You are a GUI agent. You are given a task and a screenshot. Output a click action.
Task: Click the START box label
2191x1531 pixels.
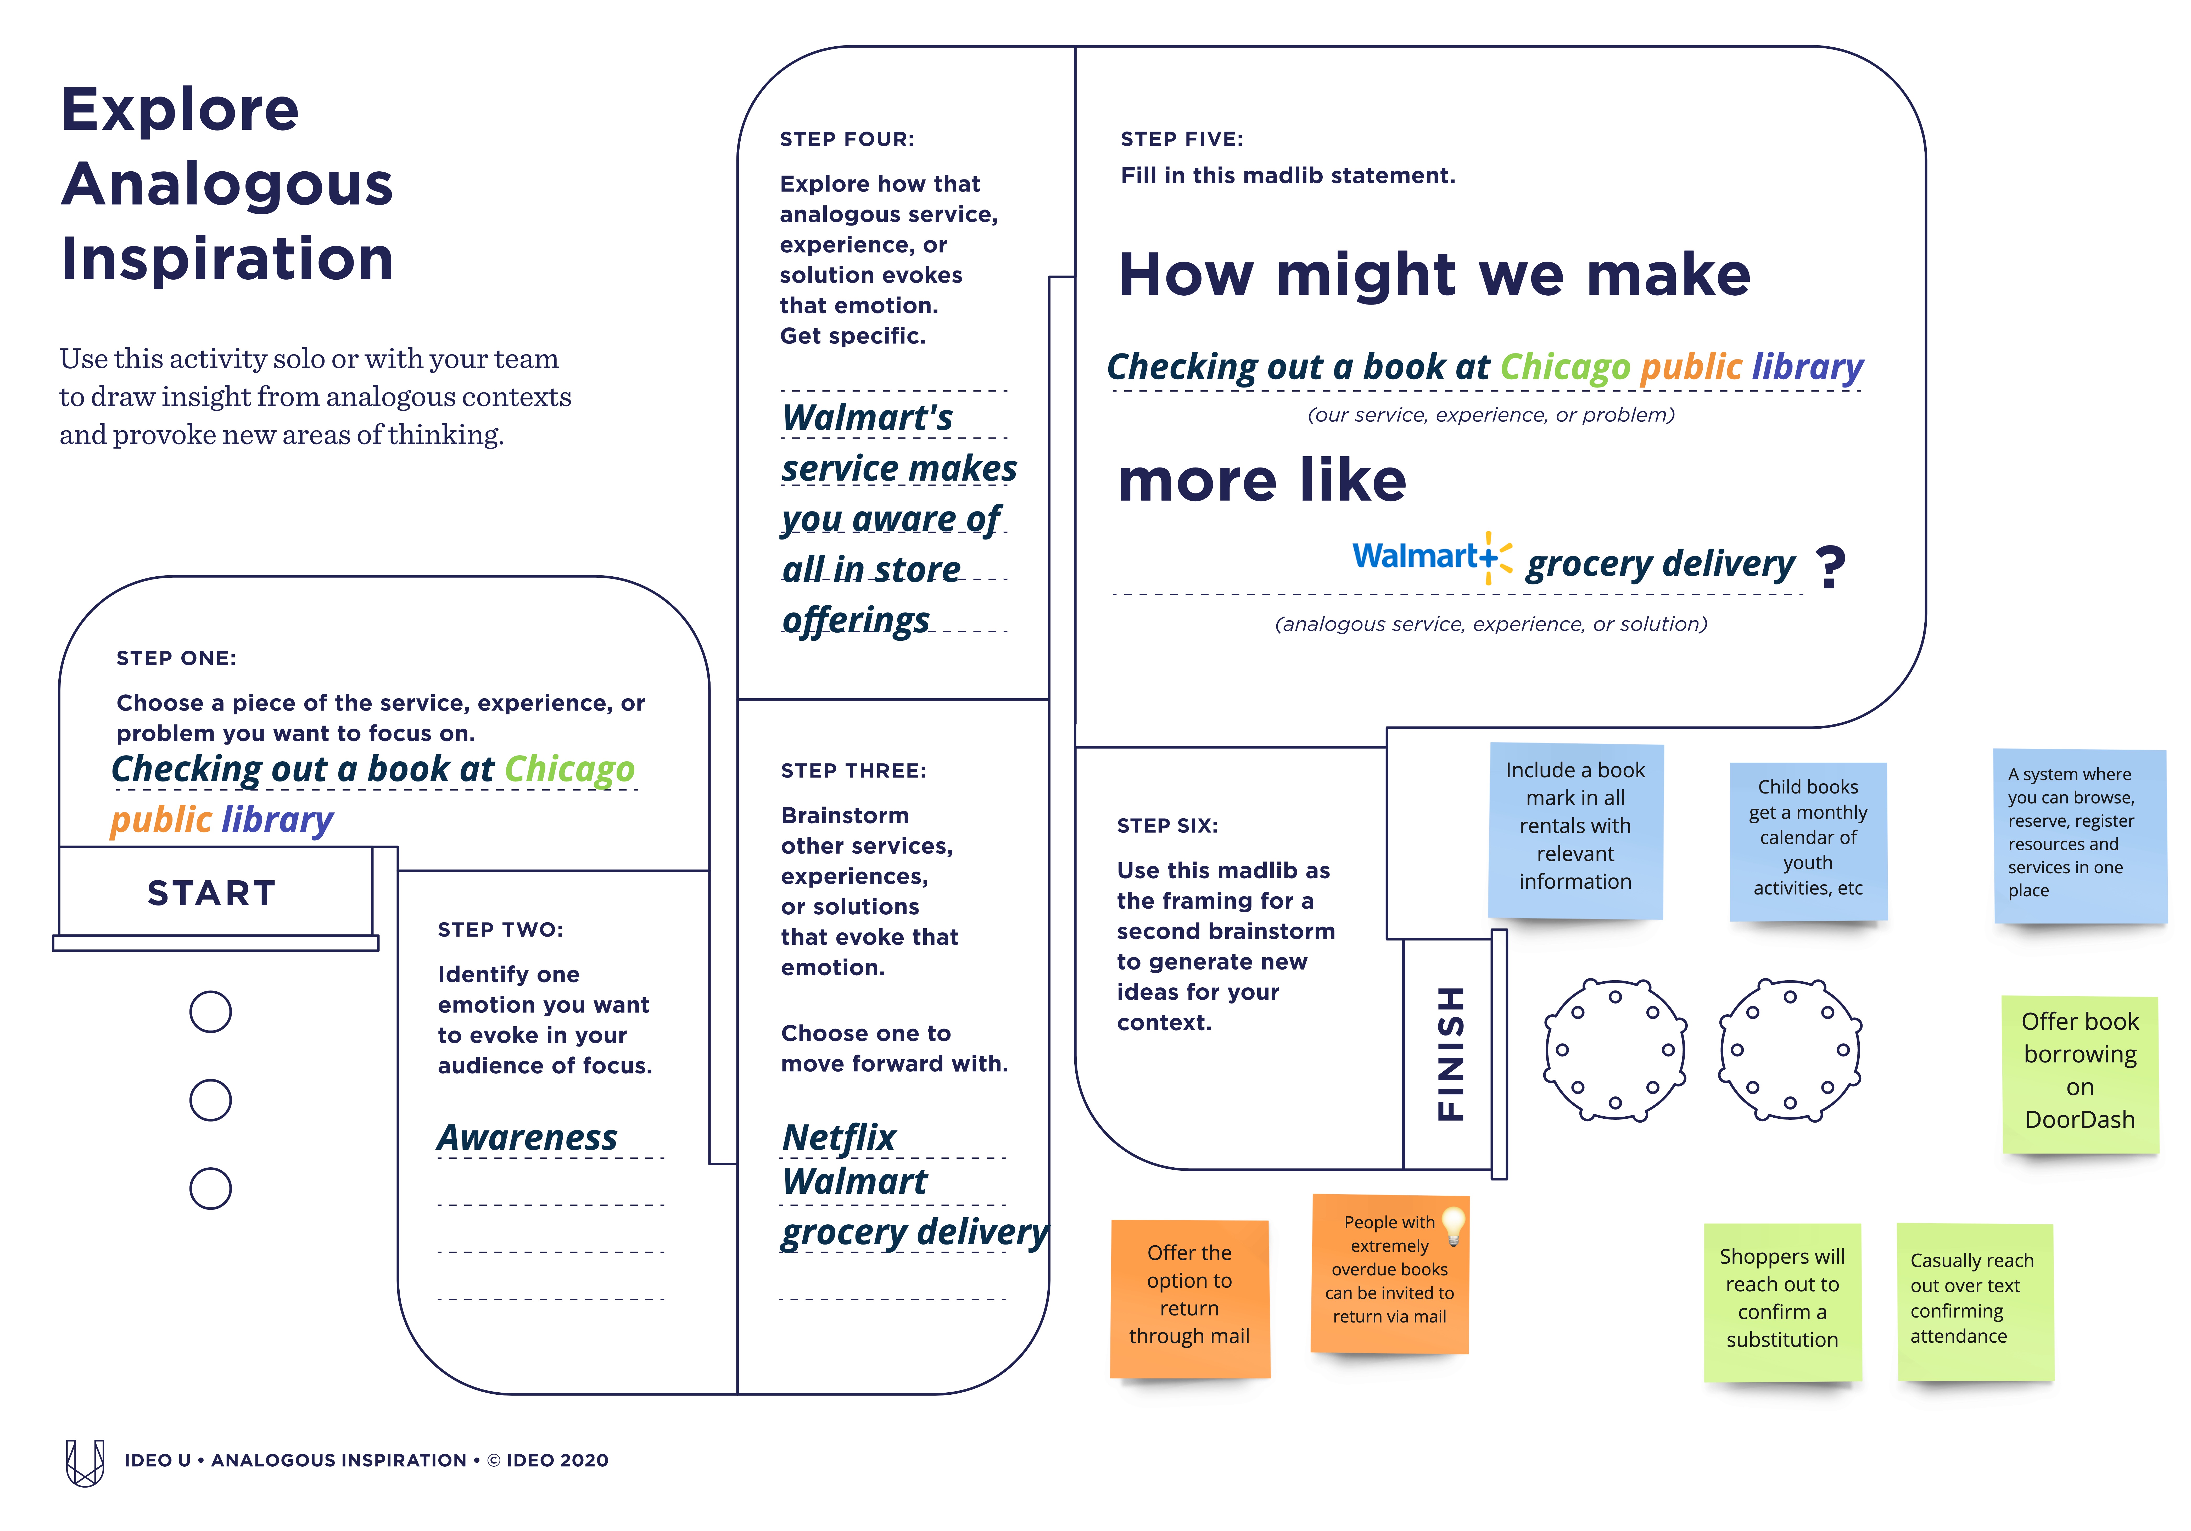click(x=212, y=893)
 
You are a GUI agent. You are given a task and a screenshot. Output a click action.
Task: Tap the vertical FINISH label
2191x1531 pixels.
click(x=1450, y=1053)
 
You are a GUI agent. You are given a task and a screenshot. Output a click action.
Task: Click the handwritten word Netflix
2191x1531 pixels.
click(x=838, y=1137)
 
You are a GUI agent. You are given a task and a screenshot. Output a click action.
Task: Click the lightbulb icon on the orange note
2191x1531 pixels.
click(x=1452, y=1226)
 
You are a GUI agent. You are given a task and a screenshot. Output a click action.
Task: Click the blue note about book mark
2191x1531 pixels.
click(x=1575, y=831)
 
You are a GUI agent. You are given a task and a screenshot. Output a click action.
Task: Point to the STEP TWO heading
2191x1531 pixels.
click(x=500, y=930)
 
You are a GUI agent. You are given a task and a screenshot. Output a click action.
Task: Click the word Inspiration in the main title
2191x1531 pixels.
click(x=227, y=258)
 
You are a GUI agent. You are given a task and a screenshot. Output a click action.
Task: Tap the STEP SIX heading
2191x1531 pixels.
click(x=1167, y=826)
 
